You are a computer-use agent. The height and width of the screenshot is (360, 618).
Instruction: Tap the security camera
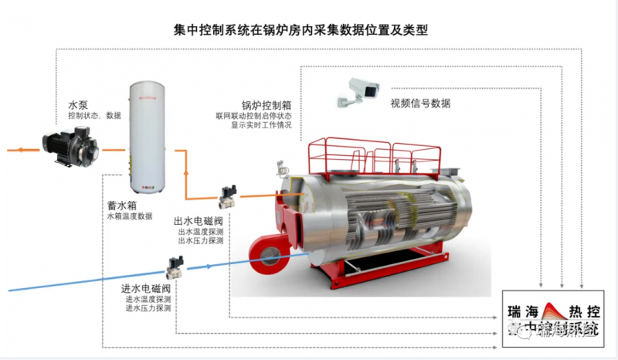(356, 91)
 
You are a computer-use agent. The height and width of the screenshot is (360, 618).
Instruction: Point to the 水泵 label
(78, 104)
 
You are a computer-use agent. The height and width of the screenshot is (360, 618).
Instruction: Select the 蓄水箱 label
(124, 206)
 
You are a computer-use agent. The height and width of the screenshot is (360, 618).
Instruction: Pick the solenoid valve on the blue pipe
(175, 268)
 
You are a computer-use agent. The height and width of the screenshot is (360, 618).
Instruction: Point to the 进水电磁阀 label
(143, 289)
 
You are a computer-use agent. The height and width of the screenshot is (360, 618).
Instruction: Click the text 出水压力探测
(200, 241)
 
